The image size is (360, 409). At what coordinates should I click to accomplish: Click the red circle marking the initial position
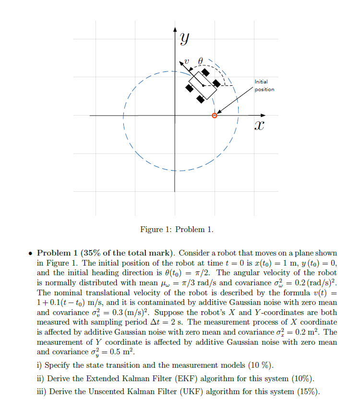tap(215, 115)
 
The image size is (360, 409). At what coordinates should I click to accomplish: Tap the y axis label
tap(184, 39)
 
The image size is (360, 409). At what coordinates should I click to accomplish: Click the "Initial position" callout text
tap(264, 86)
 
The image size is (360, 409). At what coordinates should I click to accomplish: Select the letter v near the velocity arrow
tap(188, 61)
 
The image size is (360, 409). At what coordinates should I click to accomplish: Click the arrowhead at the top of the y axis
tap(175, 30)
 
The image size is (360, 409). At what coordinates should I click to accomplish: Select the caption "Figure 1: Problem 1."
tap(177, 230)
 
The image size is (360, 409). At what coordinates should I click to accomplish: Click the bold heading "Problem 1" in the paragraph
tap(58, 253)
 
